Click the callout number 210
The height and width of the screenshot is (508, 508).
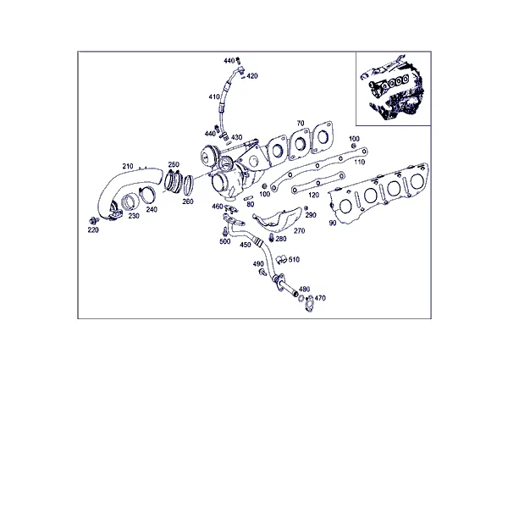128,166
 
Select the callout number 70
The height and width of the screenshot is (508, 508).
301,123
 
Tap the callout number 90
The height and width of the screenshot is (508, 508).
333,223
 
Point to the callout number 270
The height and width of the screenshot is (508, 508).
299,230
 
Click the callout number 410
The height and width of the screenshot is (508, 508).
214,97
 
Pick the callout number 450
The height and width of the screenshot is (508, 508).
246,245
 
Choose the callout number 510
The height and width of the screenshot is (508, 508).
294,259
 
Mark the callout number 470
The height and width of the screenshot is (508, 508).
320,298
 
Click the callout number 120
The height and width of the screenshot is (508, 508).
313,195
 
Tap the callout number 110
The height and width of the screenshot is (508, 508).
359,162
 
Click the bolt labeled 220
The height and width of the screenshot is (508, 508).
94,221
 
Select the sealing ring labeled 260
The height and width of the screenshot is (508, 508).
189,185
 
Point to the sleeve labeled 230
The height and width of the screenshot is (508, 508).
130,202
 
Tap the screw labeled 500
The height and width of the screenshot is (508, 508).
225,232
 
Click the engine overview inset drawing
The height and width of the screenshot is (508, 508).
394,88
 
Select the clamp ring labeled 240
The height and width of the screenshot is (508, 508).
147,195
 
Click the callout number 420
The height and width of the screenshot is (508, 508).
252,76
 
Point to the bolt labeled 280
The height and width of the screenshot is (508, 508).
272,238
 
